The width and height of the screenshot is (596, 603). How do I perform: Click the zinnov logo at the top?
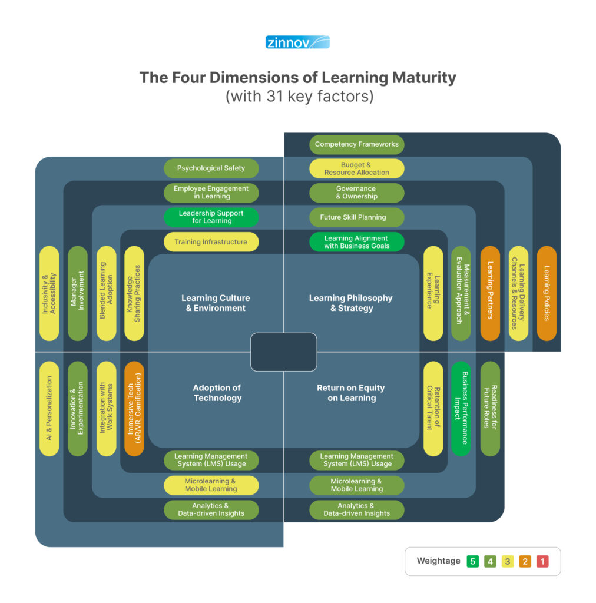297,42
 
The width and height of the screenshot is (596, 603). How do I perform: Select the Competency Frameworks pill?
356,144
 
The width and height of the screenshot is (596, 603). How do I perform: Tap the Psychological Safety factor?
211,168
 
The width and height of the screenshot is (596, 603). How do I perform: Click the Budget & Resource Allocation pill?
356,169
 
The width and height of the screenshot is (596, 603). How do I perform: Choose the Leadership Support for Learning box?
211,217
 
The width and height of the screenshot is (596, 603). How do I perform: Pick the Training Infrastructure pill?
211,242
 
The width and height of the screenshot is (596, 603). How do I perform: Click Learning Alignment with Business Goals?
356,242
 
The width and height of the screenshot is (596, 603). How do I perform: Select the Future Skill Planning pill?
356,217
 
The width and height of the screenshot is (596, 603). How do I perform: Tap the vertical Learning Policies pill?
547,293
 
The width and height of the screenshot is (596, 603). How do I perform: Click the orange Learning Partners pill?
490,293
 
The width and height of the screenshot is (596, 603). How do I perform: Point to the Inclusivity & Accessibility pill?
49,293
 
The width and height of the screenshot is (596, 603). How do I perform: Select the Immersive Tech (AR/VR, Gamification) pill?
134,409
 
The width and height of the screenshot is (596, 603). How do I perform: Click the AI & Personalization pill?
49,409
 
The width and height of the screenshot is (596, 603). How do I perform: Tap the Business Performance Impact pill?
461,409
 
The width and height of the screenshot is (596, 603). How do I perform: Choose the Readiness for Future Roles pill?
490,409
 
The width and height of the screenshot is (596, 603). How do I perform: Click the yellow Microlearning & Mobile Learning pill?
211,485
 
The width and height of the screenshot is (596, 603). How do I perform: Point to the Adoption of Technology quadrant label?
217,393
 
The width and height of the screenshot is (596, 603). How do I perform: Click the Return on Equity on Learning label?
351,393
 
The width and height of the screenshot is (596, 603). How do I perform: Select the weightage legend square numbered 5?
472,561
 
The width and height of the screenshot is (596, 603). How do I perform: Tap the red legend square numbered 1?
542,561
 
